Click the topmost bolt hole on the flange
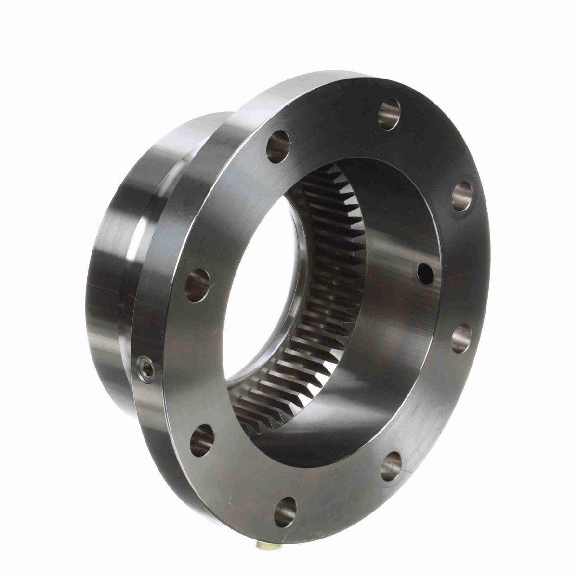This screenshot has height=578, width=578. point(389,114)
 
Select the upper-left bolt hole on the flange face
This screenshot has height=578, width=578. point(278,146)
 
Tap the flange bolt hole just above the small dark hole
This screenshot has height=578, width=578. point(462,196)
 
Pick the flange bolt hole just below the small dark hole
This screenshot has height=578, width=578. point(461,338)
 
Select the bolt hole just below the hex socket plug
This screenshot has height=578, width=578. point(202,440)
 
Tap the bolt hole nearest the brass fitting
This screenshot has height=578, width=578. point(286,512)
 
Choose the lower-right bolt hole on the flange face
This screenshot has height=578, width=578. point(391,466)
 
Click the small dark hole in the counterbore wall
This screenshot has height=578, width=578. point(426,274)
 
